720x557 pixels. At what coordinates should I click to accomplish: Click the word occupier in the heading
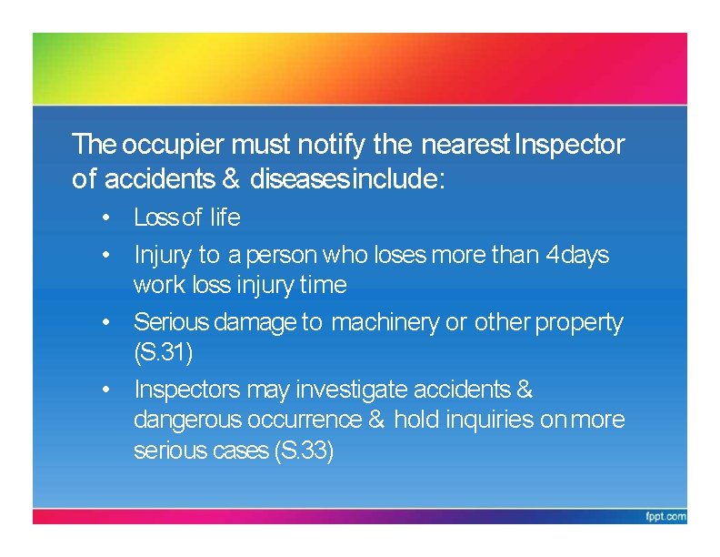[x=173, y=145]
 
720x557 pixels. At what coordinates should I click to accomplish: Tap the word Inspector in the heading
[x=570, y=145]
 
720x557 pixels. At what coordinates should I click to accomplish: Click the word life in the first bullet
[x=225, y=218]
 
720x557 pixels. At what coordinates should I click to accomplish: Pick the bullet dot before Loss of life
[x=106, y=218]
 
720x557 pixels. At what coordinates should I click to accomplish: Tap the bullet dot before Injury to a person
[x=106, y=255]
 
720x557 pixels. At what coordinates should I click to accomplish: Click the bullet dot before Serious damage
[x=106, y=322]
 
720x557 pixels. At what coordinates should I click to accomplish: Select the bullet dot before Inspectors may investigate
[x=106, y=390]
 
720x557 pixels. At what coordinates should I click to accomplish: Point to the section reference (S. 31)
[x=163, y=351]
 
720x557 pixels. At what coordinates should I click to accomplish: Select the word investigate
[x=353, y=390]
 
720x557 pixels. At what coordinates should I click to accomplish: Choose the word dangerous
[x=187, y=420]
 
